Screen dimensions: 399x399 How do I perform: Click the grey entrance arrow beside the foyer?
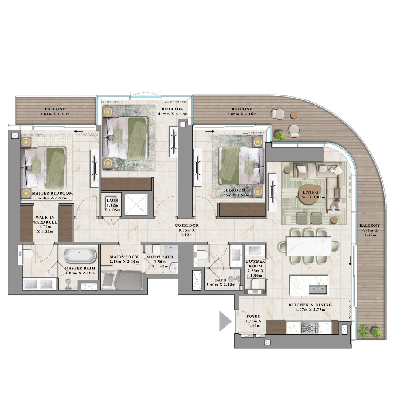click(225, 321)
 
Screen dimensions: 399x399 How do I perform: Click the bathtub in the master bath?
click(80, 255)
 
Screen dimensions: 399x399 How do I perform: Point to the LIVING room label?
click(310, 192)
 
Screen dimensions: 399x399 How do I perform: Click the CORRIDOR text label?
click(187, 225)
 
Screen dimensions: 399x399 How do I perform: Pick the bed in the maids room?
click(121, 280)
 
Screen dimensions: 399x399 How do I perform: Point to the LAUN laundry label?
click(112, 201)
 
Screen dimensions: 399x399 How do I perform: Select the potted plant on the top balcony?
click(280, 136)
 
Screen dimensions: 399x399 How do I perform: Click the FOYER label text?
click(253, 316)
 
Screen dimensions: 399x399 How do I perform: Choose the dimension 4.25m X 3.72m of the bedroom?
click(173, 114)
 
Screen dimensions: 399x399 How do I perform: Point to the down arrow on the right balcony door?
click(350, 262)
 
